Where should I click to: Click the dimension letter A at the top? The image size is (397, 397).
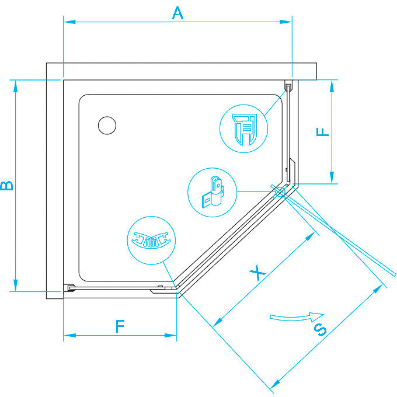click(x=177, y=12)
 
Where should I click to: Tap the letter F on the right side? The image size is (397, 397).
click(x=323, y=132)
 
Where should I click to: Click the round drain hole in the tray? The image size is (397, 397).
click(x=107, y=125)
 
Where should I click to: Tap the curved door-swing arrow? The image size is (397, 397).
click(x=297, y=317)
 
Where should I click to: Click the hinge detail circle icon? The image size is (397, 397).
click(x=212, y=193)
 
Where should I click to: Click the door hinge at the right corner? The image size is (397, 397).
click(x=280, y=190)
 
